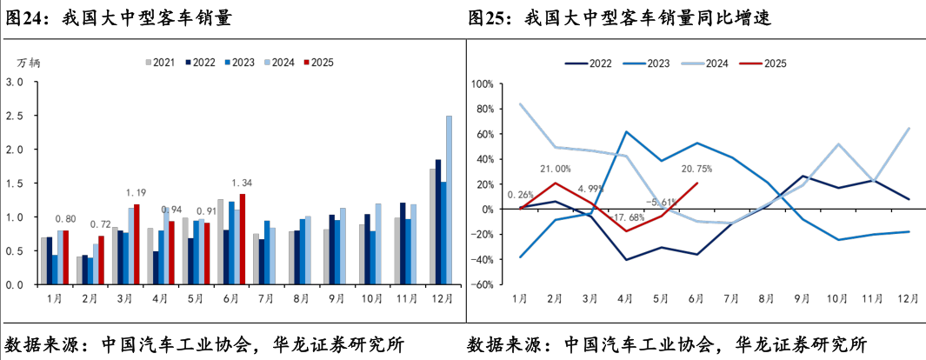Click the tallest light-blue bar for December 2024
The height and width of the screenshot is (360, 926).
[x=449, y=200]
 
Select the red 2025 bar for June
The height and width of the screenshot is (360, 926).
[x=242, y=240]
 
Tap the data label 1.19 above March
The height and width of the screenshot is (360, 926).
[x=137, y=192]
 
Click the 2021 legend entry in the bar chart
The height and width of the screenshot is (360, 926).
[x=161, y=62]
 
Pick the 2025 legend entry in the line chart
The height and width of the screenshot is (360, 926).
[x=765, y=63]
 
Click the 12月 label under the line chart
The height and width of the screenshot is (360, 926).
[x=909, y=299]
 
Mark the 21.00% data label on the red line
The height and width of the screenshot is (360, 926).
[x=555, y=169]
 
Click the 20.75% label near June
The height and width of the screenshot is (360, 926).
[x=696, y=168]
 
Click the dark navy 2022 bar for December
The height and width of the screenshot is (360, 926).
[x=438, y=223]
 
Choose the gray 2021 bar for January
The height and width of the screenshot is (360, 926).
[x=44, y=262]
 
